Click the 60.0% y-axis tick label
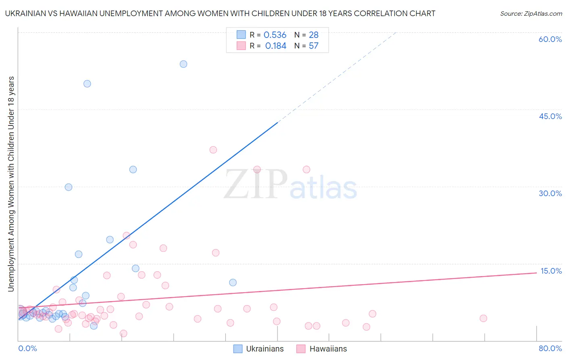coord(550,39)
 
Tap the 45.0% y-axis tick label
coord(550,116)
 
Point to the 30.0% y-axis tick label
coord(550,193)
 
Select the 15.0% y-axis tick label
coord(551,271)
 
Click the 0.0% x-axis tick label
coord(27,348)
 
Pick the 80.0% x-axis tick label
coord(550,348)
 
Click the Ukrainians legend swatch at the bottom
coord(238,349)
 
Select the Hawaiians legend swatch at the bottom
coord(301,349)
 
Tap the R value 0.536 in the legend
coord(275,35)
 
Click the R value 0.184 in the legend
coord(275,46)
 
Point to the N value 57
coord(313,46)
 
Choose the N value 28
coord(313,35)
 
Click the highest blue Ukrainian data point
coord(183,64)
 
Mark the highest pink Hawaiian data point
coord(213,150)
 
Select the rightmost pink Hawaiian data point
coord(483,318)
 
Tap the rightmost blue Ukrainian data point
coord(233,283)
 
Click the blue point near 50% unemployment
coord(87,84)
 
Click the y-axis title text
coord(11,184)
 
